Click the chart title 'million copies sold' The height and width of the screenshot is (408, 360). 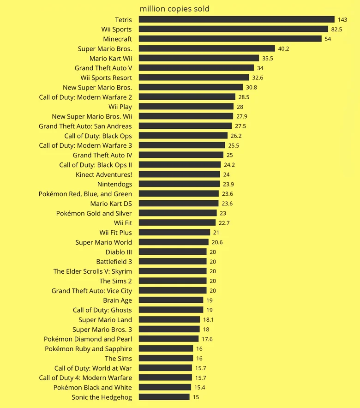tap(174, 9)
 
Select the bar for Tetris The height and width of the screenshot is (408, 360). tap(236, 19)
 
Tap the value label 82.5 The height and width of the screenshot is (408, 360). tap(336, 29)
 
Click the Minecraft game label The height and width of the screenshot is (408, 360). tap(117, 39)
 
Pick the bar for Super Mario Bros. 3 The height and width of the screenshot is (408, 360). tap(169, 329)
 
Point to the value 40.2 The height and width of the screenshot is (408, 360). tap(283, 48)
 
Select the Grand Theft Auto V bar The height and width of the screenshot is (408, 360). tap(196, 68)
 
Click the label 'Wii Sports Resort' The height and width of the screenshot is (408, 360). tap(106, 78)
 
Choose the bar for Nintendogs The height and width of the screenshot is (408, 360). tap(179, 184)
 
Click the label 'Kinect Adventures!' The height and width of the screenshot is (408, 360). tap(104, 174)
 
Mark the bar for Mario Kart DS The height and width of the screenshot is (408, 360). tap(179, 203)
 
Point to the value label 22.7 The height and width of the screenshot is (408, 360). tap(224, 223)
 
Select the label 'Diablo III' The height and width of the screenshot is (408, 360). tap(119, 252)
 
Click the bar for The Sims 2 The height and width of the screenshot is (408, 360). tap(173, 281)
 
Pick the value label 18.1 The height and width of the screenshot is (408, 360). tap(208, 319)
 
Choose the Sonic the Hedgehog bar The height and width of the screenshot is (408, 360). tap(164, 397)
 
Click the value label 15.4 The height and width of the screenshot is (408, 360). tap(199, 387)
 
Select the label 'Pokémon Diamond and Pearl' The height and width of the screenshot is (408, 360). tap(88, 339)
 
